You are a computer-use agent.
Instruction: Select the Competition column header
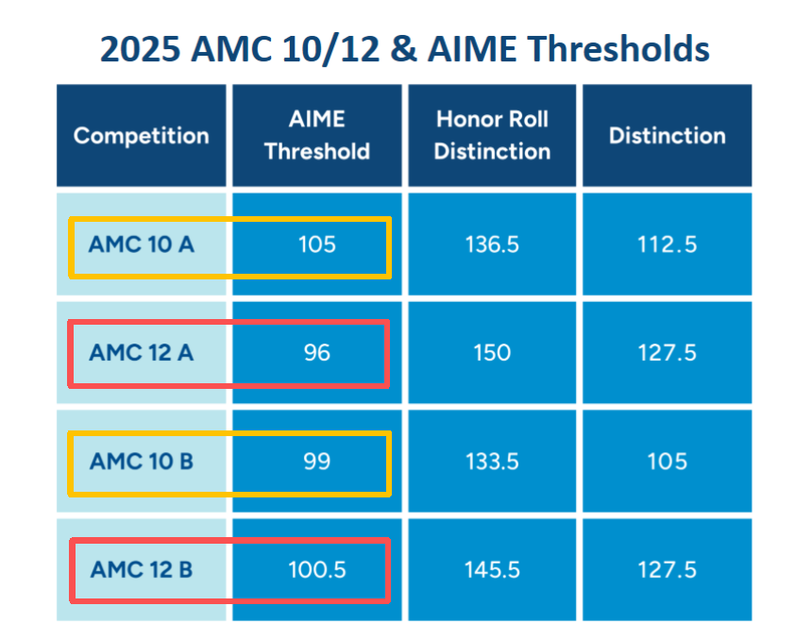[141, 135]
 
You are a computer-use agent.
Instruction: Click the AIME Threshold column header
[317, 135]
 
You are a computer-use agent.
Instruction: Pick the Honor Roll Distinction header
[492, 135]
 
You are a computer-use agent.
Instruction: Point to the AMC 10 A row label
[141, 244]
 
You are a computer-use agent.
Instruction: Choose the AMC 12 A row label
[141, 352]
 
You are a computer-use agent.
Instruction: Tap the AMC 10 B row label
[141, 462]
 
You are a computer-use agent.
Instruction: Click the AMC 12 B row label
[141, 570]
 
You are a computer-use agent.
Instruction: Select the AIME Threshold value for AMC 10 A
[317, 244]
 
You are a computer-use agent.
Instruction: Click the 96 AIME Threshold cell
[317, 352]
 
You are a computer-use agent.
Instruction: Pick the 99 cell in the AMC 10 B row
[317, 462]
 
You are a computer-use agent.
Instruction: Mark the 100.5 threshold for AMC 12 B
[317, 570]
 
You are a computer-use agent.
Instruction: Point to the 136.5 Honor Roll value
[492, 244]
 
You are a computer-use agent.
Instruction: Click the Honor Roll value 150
[492, 352]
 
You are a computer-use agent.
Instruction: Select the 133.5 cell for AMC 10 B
[492, 462]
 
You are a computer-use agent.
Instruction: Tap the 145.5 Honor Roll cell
[492, 570]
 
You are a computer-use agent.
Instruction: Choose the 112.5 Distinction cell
[667, 244]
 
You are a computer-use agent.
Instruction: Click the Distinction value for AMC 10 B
[667, 462]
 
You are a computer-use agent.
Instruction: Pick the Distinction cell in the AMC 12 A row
[667, 352]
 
